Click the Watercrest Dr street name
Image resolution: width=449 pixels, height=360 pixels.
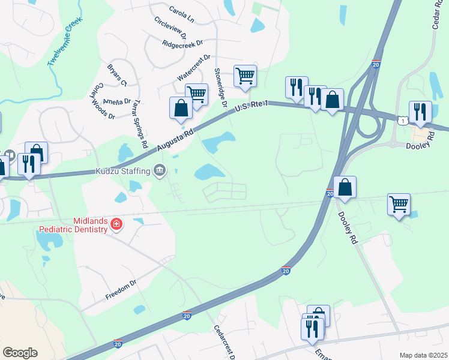click(x=194, y=68)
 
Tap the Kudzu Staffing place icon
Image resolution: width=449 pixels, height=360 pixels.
click(x=160, y=171)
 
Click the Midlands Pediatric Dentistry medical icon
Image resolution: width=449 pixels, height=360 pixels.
click(x=116, y=226)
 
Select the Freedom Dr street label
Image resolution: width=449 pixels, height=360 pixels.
click(x=121, y=289)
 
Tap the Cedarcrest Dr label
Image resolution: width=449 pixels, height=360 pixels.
click(x=224, y=342)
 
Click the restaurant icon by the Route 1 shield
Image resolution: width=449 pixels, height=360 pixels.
click(x=420, y=112)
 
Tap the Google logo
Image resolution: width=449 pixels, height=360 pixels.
click(x=20, y=352)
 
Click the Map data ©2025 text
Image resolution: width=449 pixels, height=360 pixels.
click(x=423, y=355)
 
